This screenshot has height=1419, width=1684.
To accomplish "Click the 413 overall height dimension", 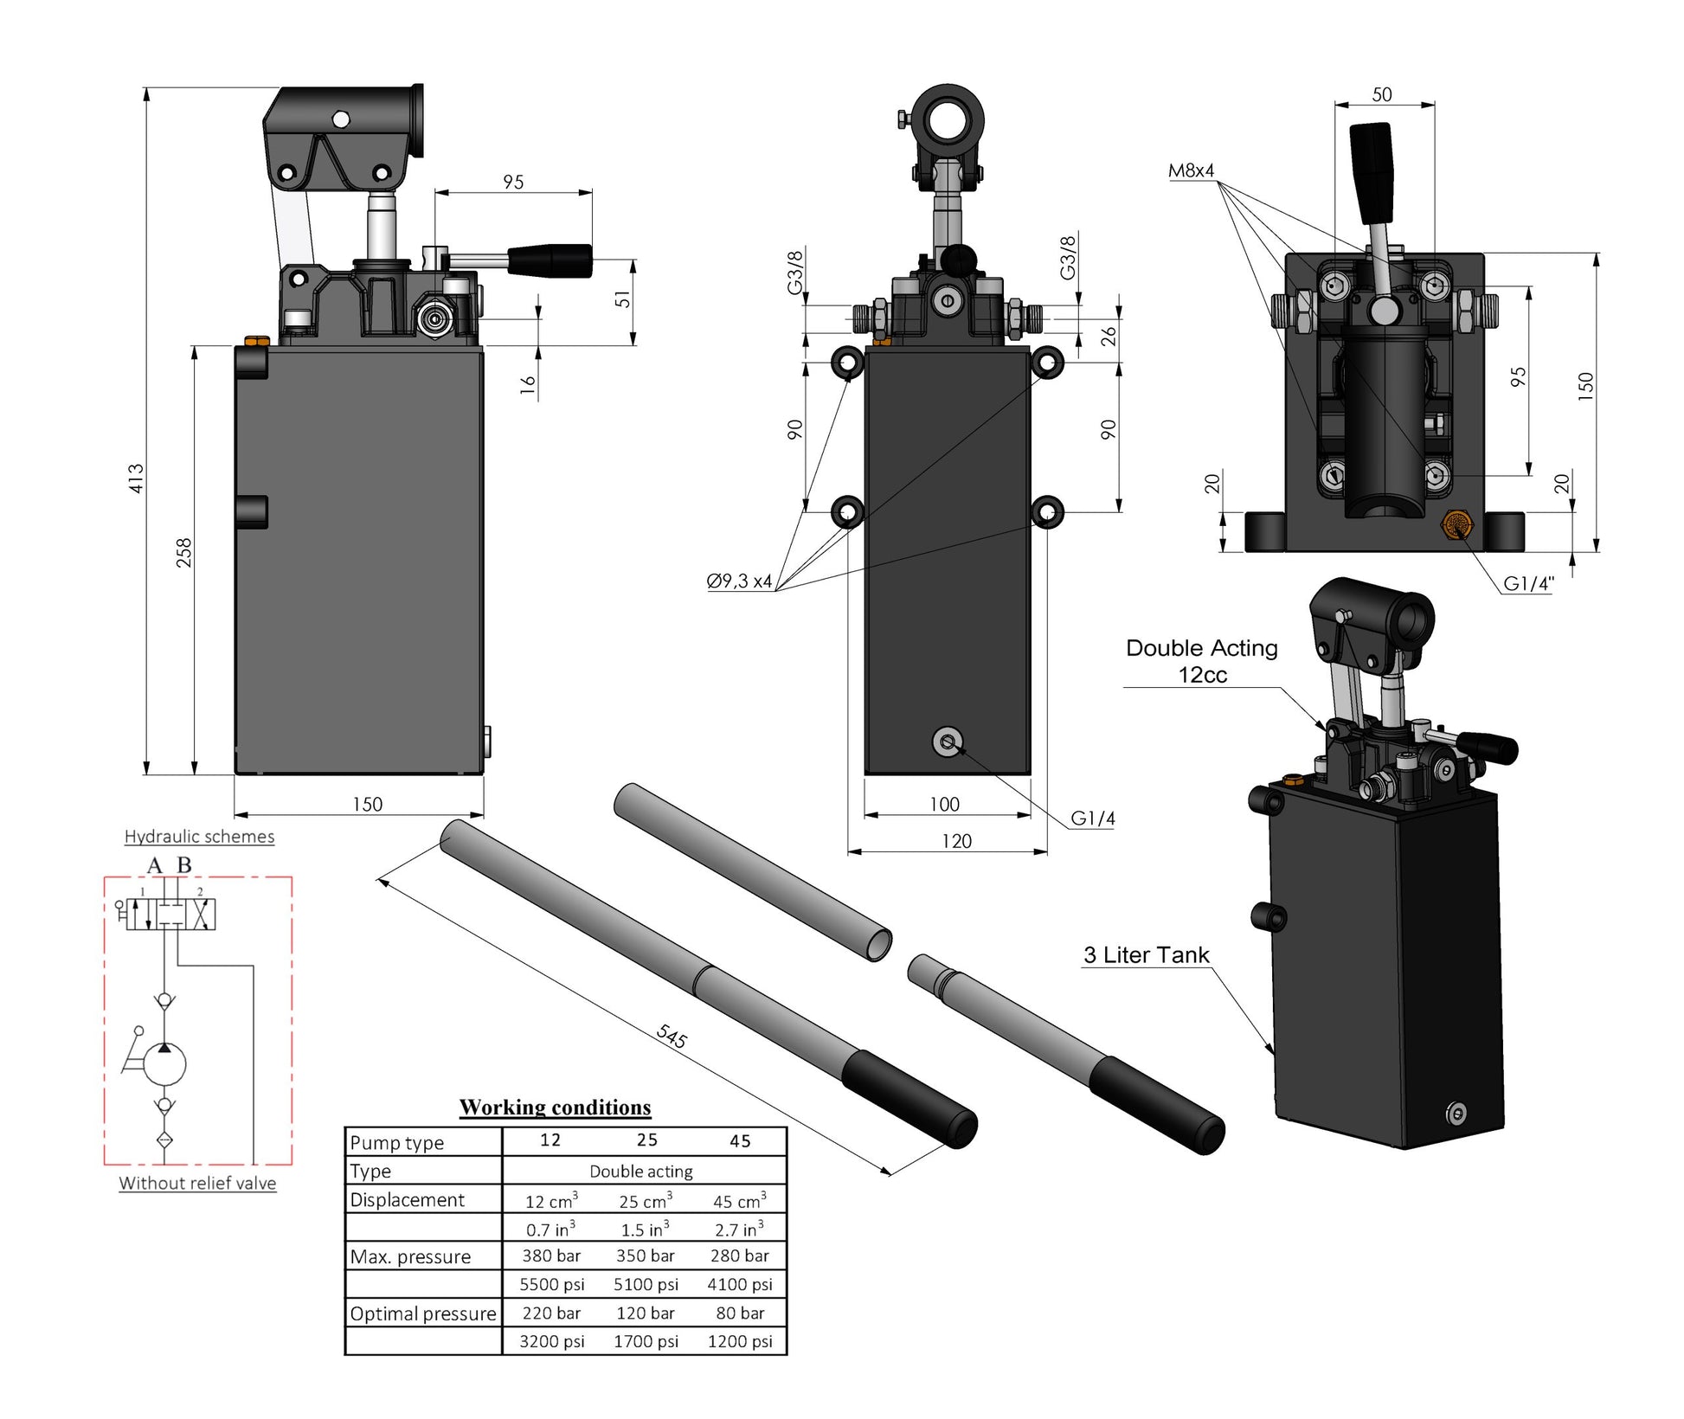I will [136, 478].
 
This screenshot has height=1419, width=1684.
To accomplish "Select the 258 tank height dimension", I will [183, 552].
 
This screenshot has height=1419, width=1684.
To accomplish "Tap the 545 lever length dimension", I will [672, 1035].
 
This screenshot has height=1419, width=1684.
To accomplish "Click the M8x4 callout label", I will [1191, 170].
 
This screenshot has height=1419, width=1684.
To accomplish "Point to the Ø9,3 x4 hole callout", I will [739, 581].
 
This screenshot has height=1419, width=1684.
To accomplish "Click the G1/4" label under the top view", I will [1528, 583].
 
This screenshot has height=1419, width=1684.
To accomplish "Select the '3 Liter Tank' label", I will [1146, 955].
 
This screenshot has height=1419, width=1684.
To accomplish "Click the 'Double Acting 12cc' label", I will [1201, 661].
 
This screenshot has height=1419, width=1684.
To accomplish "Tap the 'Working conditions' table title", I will [555, 1108].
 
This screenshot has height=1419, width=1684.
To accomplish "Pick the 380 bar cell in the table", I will [551, 1255].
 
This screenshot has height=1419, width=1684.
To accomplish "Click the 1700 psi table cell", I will [646, 1341].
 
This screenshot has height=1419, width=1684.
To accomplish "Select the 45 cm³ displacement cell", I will [739, 1201].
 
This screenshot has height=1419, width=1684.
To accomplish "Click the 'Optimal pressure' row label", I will [422, 1313].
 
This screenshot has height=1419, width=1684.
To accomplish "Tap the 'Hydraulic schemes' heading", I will [199, 837].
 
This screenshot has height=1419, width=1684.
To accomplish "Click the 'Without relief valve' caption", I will [197, 1183].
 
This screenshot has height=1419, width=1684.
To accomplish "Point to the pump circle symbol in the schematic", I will [164, 1063].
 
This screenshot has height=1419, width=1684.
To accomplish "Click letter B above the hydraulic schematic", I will [184, 864].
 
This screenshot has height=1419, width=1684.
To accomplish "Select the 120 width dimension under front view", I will [956, 841].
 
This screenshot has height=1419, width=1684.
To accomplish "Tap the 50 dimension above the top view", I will [1382, 94].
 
